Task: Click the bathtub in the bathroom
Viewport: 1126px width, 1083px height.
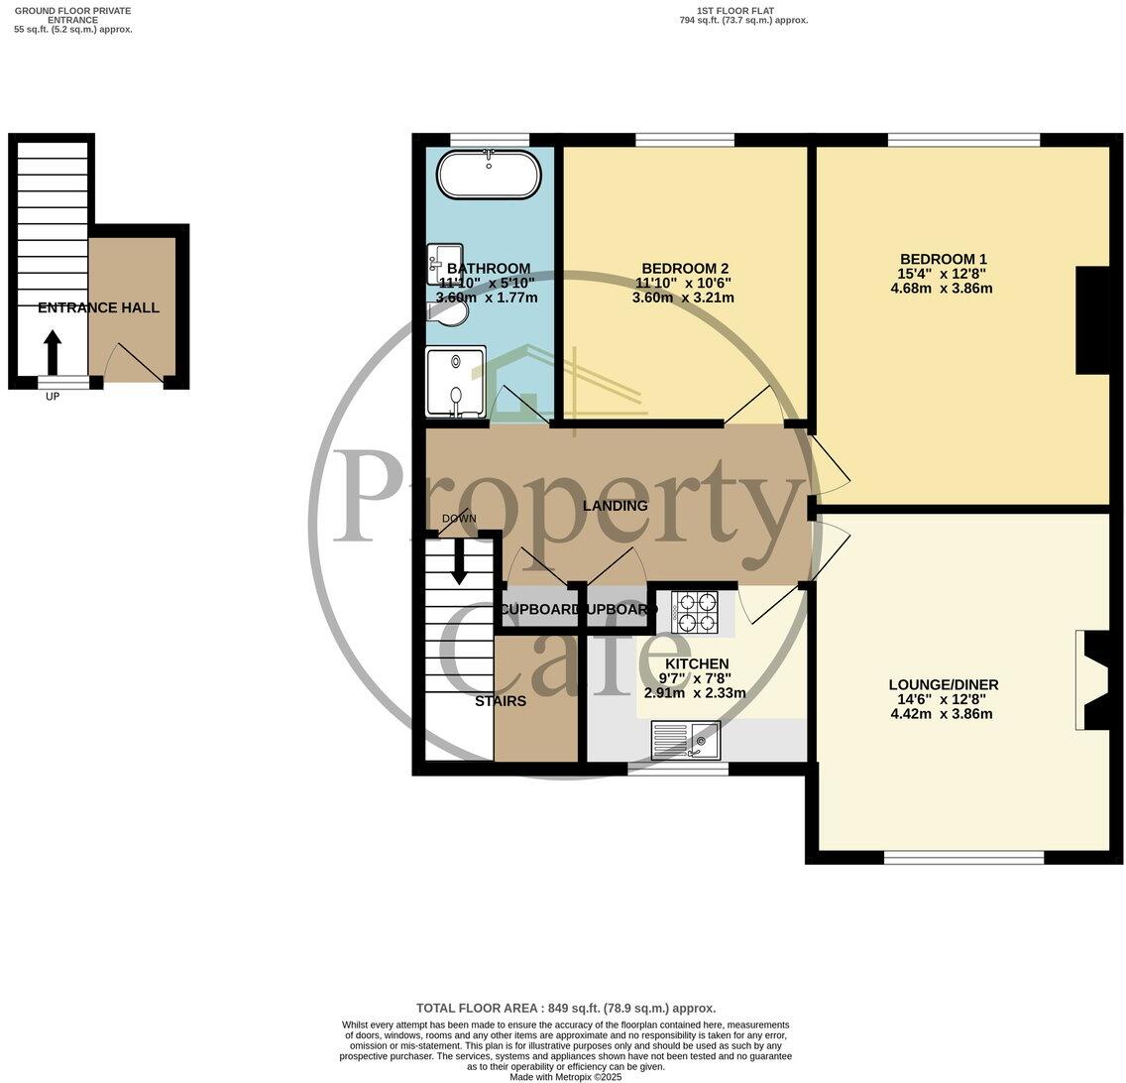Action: [490, 176]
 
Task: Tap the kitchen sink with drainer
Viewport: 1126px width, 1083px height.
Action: [685, 739]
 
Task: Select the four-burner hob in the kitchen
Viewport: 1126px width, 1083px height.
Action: [694, 612]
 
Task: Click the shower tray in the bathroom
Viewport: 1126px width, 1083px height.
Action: [456, 382]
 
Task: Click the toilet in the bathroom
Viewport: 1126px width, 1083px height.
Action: [447, 313]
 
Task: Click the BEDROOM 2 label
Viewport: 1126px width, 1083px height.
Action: [685, 268]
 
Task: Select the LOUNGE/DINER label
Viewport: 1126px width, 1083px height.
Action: [943, 684]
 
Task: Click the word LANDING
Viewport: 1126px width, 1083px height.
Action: [615, 506]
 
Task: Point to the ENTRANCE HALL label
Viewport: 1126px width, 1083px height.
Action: [98, 308]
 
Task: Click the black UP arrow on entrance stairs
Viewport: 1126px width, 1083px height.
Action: [53, 352]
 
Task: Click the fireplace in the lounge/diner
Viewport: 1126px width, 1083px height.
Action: [1093, 680]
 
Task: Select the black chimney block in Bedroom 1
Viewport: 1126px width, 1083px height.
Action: [1092, 319]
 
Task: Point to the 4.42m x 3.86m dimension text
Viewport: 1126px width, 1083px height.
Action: [942, 714]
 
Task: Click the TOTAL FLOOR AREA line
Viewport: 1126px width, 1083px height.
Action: [565, 1008]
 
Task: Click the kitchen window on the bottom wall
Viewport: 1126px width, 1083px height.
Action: [678, 769]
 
